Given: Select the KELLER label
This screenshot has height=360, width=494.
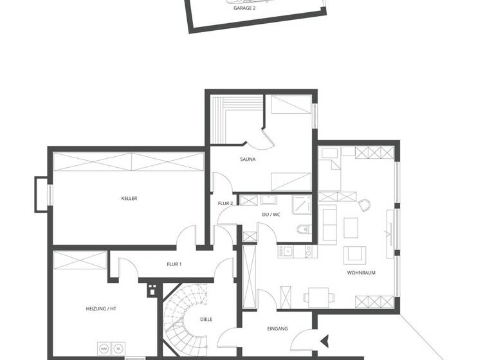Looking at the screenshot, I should pos(129,199).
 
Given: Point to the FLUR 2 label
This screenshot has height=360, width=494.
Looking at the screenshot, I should pos(225,203).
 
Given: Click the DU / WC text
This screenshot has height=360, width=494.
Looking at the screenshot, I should pos(271,214).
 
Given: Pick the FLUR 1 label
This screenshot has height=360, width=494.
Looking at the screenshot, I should pos(174,264).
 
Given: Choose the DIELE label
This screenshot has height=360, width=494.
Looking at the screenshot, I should pos(206,319).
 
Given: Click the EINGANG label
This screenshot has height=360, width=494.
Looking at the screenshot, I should pos(277,328).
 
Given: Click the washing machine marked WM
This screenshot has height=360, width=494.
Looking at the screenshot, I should pos(104,348).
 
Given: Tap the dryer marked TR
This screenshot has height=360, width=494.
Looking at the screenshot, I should pos(118,348).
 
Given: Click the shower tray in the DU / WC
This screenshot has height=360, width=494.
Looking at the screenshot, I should pos(302,204).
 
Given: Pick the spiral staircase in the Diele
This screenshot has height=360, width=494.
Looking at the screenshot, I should pos(183,316).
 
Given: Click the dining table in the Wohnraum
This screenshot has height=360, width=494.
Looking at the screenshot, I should pos(320,296).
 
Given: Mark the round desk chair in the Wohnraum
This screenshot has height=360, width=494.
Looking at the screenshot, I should pos(365,206).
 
